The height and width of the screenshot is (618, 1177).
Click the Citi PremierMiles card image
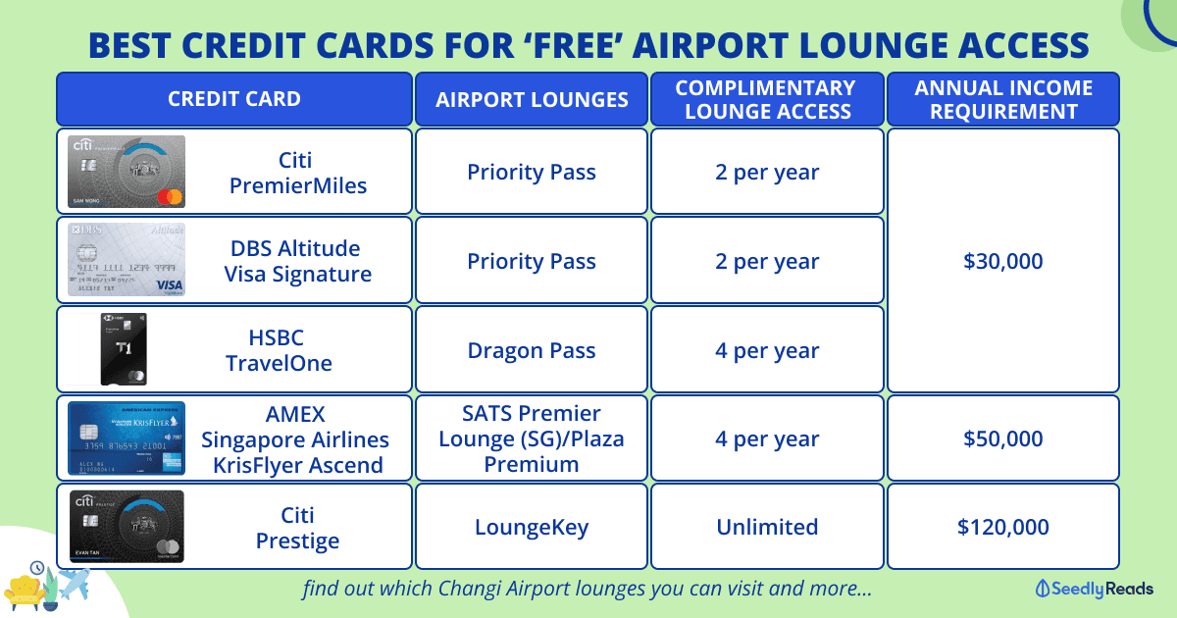click(x=127, y=172)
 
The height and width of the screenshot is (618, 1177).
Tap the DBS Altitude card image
click(x=127, y=260)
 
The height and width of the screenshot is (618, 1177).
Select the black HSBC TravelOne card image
click(x=124, y=349)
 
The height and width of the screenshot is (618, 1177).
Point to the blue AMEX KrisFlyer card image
click(x=127, y=438)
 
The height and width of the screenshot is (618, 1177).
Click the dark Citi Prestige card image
click(x=127, y=527)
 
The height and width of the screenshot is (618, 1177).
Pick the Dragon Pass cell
click(x=532, y=350)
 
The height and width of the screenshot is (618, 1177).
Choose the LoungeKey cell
click(x=532, y=527)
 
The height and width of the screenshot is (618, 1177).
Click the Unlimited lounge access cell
click(x=767, y=527)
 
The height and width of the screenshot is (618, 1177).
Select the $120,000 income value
click(x=1003, y=527)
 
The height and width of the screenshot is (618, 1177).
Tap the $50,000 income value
click(x=1003, y=438)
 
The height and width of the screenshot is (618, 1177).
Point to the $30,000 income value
click(x=1003, y=261)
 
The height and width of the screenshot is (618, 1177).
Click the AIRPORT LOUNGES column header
click(x=532, y=99)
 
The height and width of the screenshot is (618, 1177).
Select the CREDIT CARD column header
click(x=234, y=99)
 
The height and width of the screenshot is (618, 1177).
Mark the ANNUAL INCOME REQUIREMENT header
click(x=1003, y=99)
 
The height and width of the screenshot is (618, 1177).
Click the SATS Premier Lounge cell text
click(x=532, y=438)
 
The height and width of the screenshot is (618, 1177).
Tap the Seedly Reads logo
click(x=1094, y=589)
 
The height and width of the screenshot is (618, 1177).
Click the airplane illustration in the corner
click(x=74, y=584)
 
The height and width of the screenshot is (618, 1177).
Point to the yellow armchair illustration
click(x=25, y=592)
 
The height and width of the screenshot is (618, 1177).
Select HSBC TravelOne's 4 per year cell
click(x=767, y=350)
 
